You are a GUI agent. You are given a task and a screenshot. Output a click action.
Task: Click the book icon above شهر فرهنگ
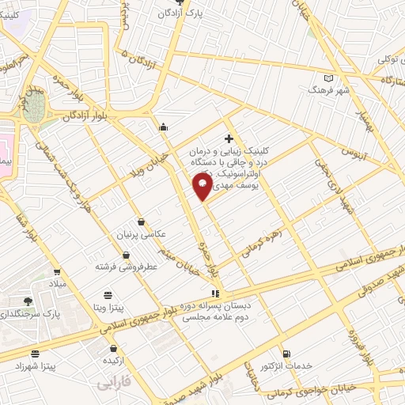[330, 79]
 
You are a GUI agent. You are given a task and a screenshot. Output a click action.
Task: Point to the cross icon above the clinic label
[229, 139]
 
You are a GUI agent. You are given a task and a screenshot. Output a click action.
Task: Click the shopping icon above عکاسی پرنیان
[141, 222]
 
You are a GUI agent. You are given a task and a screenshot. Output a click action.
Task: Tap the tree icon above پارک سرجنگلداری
[28, 301]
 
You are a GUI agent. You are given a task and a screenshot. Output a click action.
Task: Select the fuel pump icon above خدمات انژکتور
[286, 353]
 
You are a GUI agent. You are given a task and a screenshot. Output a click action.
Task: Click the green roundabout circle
[35, 109]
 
